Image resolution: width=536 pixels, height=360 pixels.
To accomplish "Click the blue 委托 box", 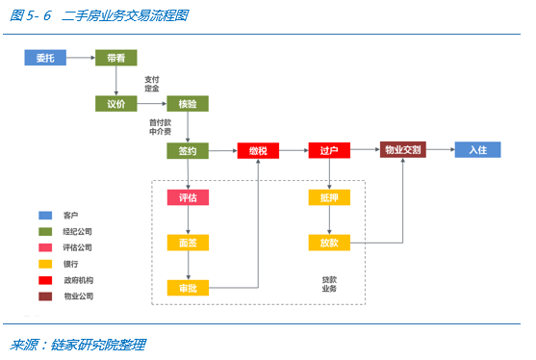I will tap(45, 58).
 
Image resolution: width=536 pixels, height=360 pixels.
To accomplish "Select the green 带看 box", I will tap(116, 58).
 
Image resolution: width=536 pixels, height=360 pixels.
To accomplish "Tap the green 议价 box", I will tap(116, 104).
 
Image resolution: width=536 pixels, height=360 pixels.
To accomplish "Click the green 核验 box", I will tap(188, 104).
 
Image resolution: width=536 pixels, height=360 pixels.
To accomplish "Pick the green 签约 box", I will tap(188, 151).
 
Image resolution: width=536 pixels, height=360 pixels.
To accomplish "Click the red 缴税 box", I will tap(259, 151).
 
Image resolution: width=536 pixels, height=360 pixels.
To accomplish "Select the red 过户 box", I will tap(329, 151).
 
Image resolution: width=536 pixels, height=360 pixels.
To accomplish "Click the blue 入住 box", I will tap(478, 151).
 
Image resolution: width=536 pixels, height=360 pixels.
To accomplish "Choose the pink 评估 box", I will tap(188, 197).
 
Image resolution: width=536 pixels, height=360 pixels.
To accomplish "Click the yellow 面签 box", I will tap(188, 243).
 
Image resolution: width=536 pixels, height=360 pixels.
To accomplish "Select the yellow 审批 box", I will tap(188, 287).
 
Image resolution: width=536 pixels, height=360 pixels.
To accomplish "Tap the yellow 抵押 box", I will tap(329, 197).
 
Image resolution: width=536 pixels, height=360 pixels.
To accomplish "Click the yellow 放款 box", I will tap(329, 243).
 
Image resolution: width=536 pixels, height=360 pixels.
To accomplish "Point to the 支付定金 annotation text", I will tap(152, 84).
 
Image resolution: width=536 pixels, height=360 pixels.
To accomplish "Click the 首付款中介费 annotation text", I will tap(161, 127).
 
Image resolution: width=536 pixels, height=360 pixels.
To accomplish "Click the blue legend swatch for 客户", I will tap(45, 216).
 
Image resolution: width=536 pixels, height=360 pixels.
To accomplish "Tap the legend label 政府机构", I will tap(79, 280).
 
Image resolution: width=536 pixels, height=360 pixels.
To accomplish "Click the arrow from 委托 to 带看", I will tap(81, 58).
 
